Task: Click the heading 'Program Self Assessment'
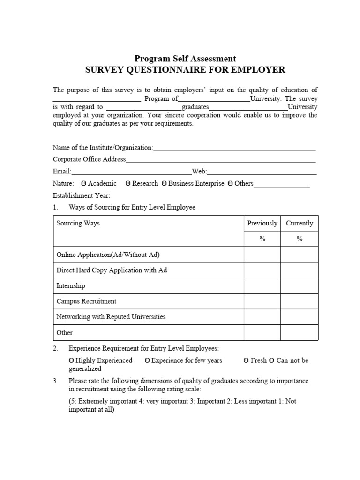click(x=185, y=59)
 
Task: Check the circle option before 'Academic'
click(x=83, y=184)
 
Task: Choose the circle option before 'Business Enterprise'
click(x=164, y=184)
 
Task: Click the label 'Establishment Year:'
click(x=81, y=195)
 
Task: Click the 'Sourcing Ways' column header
click(x=78, y=223)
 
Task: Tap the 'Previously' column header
click(x=262, y=223)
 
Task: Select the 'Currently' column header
click(x=299, y=223)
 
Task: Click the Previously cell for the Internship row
click(x=262, y=285)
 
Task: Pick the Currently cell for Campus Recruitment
click(x=299, y=301)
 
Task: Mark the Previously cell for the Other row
click(x=262, y=332)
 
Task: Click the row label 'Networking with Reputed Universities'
click(x=111, y=317)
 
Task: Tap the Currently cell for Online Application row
click(x=299, y=255)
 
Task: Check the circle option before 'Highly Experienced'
click(x=71, y=360)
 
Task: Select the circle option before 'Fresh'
click(x=246, y=360)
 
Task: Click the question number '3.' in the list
click(x=55, y=381)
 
